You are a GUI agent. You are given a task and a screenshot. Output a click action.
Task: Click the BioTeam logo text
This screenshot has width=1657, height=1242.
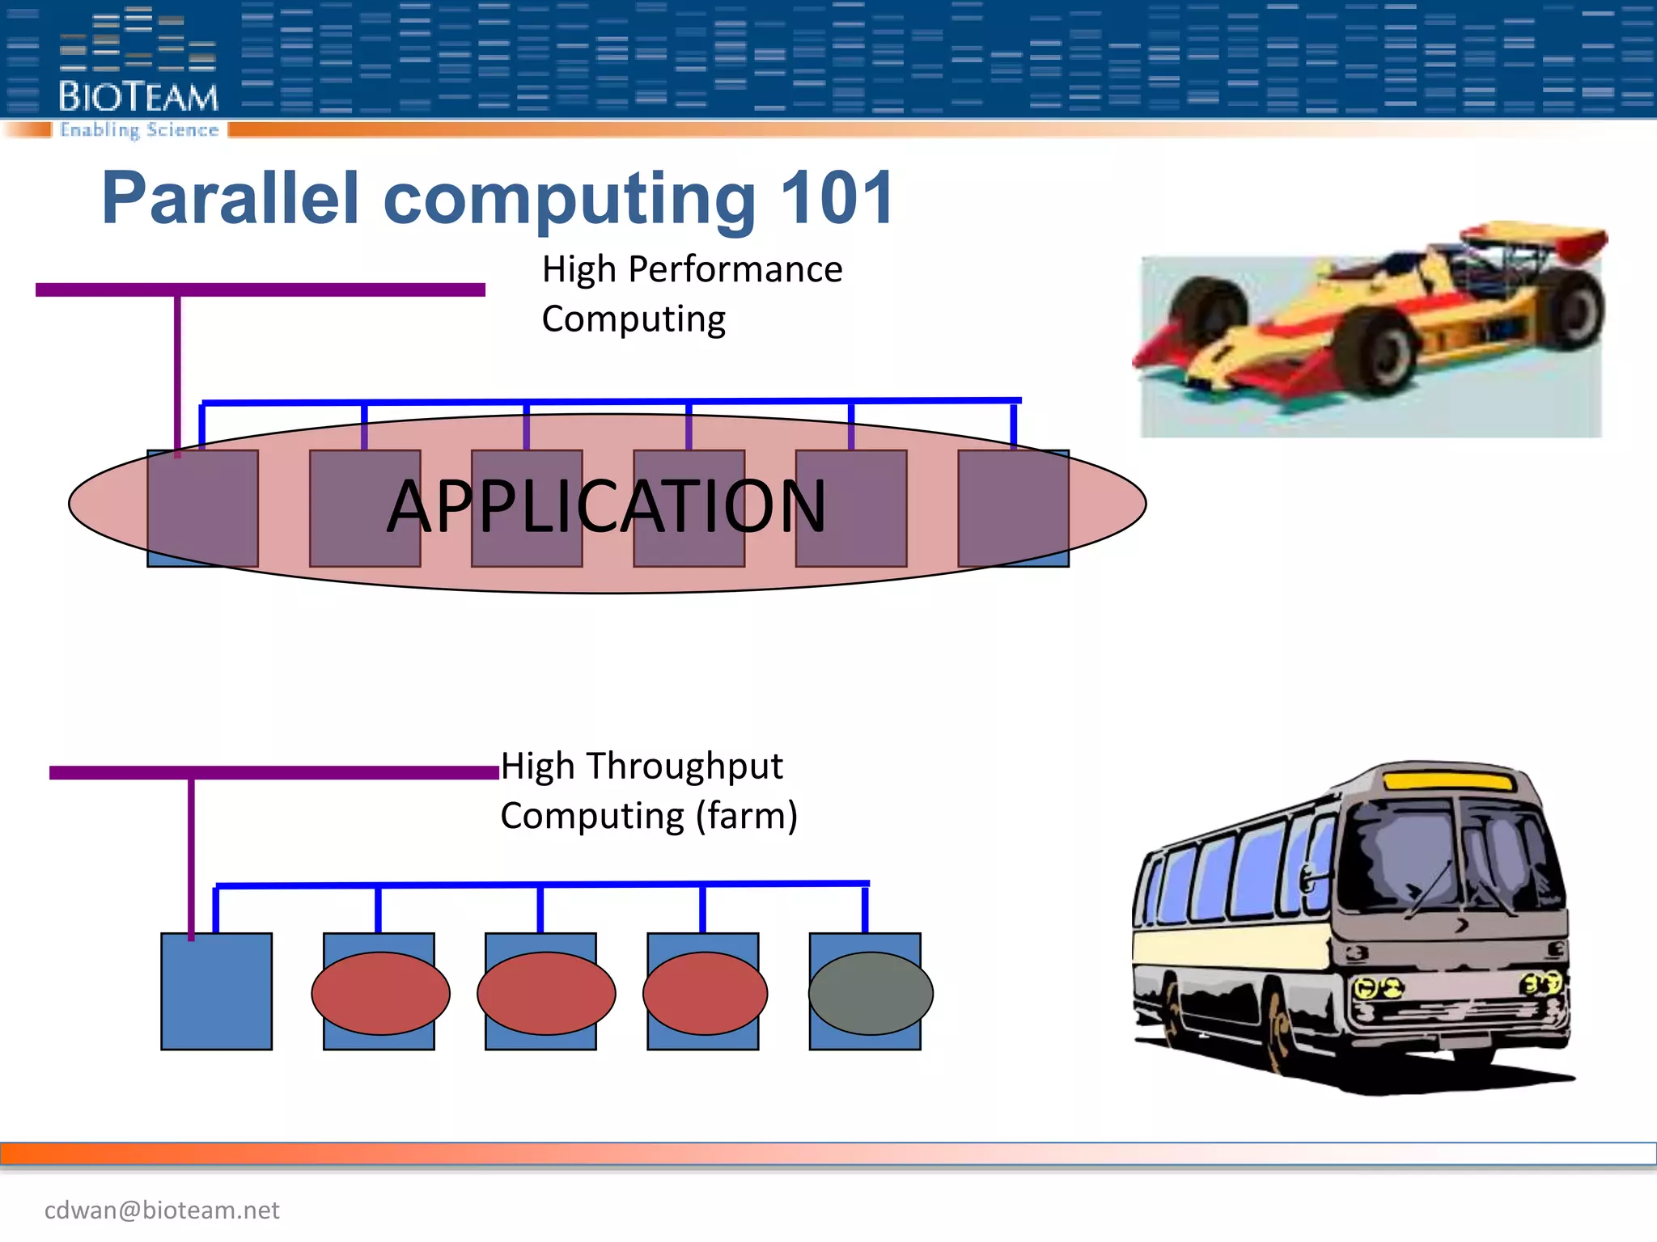click(x=138, y=97)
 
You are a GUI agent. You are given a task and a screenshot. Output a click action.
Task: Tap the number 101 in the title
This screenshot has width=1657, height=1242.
click(x=837, y=198)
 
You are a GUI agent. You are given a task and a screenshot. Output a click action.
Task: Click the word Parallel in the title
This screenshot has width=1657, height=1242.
click(x=231, y=198)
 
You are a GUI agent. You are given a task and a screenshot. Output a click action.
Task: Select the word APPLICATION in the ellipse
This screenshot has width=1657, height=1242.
click(x=607, y=507)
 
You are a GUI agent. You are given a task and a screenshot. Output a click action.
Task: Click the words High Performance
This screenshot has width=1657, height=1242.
click(x=692, y=269)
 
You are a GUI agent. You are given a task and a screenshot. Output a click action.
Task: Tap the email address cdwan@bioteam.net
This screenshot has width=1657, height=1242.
click(x=162, y=1210)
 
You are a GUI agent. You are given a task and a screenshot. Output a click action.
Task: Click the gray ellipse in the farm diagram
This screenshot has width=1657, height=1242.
click(x=871, y=993)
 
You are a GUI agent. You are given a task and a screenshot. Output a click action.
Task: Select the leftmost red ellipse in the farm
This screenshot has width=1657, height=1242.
click(x=380, y=993)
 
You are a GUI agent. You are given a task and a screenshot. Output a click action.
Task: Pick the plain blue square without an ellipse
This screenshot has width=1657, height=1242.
click(x=216, y=991)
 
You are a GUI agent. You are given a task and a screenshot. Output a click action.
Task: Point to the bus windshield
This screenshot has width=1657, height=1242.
click(x=1448, y=857)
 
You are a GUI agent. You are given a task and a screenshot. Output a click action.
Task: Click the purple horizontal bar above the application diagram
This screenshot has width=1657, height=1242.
click(x=260, y=289)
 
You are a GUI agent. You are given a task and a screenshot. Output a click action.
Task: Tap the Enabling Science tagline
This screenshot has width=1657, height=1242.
click(x=139, y=130)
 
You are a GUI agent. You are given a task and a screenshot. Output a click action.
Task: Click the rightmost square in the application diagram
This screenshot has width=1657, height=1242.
click(x=1013, y=508)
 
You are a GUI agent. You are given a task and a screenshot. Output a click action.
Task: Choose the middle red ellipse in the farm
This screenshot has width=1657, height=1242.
click(x=546, y=993)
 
